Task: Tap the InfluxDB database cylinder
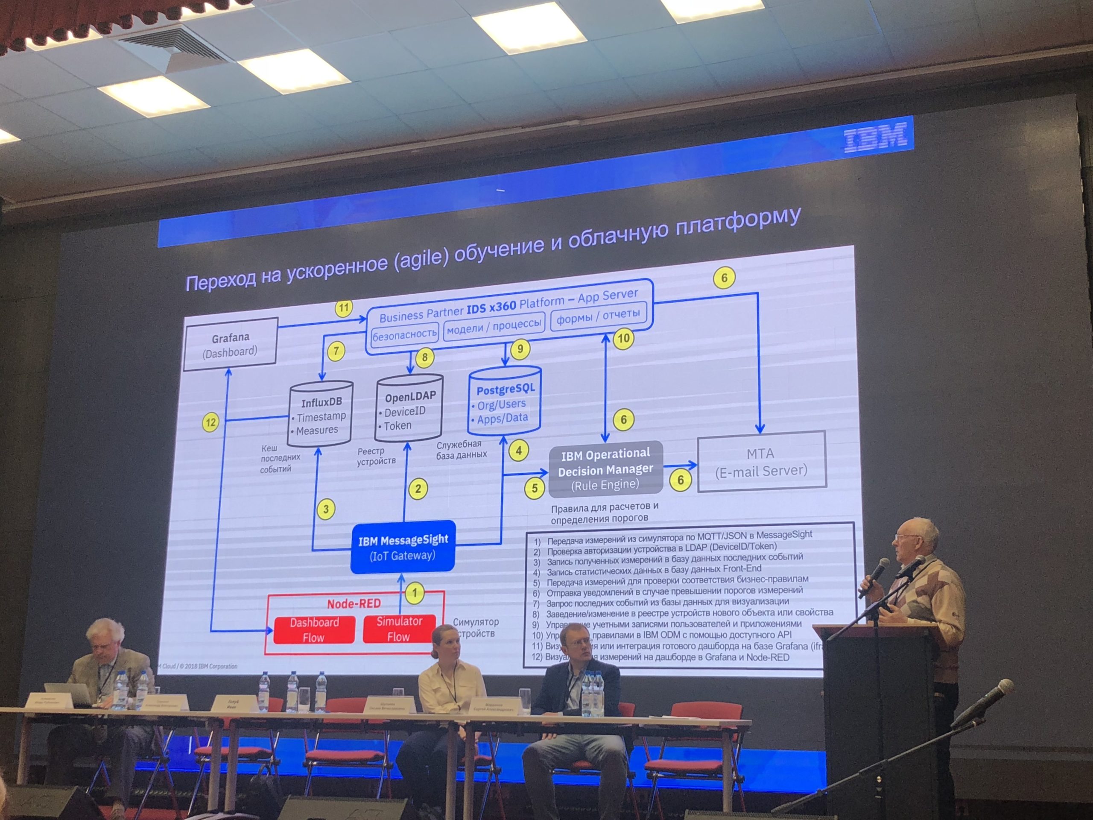pyautogui.click(x=321, y=414)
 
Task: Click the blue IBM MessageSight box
pyautogui.click(x=403, y=547)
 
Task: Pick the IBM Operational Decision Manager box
pyautogui.click(x=606, y=469)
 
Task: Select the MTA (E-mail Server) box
pyautogui.click(x=761, y=462)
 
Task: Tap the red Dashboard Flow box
pyautogui.click(x=314, y=629)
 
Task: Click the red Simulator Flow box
pyautogui.click(x=399, y=628)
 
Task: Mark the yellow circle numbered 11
pyautogui.click(x=343, y=308)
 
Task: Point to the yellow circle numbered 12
pyautogui.click(x=210, y=423)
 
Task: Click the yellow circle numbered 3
pyautogui.click(x=326, y=509)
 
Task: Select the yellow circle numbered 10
pyautogui.click(x=624, y=339)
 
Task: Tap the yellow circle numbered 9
pyautogui.click(x=520, y=349)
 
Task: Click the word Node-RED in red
pyautogui.click(x=354, y=604)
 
